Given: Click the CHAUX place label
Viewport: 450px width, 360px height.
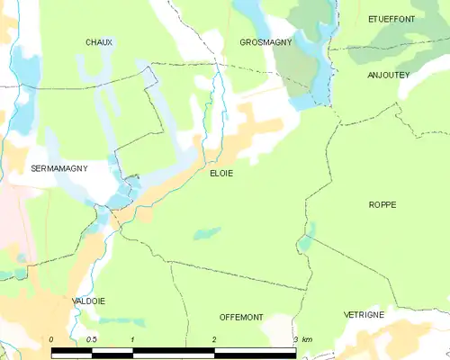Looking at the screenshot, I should tap(99, 42).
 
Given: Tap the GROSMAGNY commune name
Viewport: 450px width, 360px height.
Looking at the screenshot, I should tap(265, 42).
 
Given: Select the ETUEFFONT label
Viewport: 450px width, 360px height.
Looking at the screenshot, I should tap(392, 18).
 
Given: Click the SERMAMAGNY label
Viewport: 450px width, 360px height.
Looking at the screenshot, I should tap(58, 168).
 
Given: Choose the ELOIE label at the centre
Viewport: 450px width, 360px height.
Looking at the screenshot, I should tap(221, 174).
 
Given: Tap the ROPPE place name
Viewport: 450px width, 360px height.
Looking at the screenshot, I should tap(382, 205).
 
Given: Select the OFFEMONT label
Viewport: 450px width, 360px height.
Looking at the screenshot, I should tap(241, 317).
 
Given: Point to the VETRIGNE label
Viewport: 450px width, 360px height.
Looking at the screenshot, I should tap(364, 314).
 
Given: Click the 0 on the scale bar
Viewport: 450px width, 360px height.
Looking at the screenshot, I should tap(52, 338).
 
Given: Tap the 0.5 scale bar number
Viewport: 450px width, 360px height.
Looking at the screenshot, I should tap(91, 338).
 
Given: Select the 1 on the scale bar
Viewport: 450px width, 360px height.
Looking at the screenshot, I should tap(132, 338).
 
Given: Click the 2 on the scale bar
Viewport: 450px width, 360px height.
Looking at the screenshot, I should tap(214, 338).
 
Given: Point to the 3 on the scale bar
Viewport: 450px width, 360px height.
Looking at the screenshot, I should tap(295, 338).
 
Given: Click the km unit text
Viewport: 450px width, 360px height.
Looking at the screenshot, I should tap(307, 338).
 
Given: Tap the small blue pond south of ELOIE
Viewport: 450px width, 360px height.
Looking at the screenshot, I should tap(207, 233).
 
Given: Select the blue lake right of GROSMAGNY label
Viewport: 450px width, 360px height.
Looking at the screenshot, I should tap(313, 40).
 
